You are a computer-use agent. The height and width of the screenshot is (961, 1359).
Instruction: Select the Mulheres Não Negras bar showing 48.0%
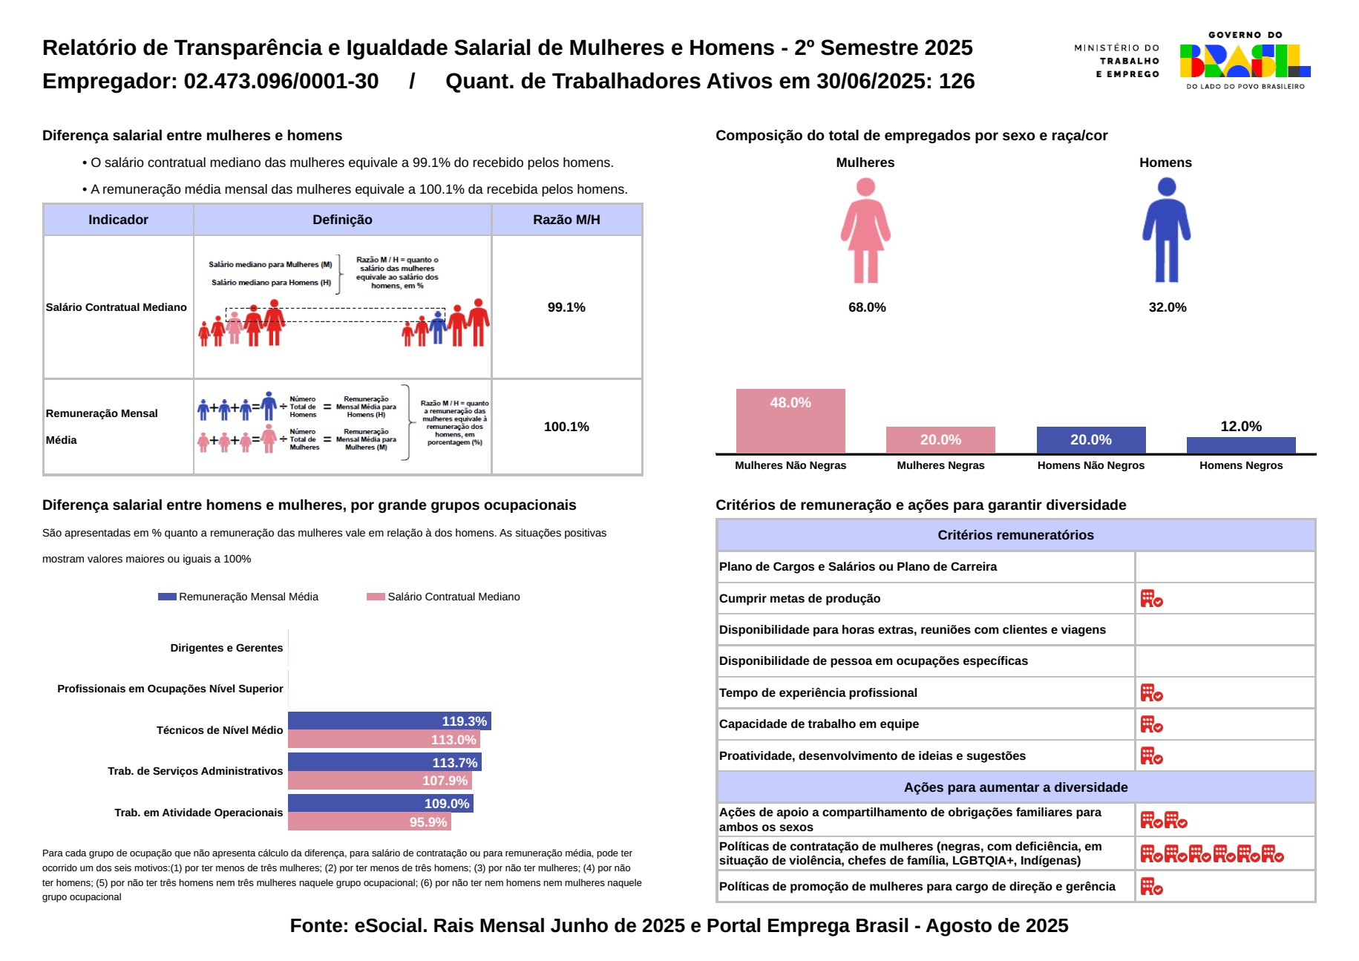790,421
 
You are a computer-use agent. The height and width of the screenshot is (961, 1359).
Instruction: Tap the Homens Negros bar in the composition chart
1241,445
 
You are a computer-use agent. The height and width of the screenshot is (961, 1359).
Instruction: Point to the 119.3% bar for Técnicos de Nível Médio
389,721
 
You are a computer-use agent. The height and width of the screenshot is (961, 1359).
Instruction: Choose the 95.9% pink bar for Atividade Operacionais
369,822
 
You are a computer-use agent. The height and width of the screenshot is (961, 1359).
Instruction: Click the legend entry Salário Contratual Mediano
453,597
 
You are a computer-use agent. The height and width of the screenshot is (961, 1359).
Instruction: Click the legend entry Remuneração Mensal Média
248,597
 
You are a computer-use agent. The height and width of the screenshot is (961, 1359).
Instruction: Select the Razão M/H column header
566,220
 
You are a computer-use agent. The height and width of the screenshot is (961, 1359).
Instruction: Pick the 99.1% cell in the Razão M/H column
566,307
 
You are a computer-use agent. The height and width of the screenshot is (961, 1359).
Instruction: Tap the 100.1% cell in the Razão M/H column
566,427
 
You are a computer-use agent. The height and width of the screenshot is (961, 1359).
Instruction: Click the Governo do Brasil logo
1245,61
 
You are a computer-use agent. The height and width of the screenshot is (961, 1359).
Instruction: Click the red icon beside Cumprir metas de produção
1151,598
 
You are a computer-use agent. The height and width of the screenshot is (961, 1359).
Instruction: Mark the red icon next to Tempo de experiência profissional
1151,692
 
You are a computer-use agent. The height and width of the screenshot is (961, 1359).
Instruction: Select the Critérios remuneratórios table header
1015,535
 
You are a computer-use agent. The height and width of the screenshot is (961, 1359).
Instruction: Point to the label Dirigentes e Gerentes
226,648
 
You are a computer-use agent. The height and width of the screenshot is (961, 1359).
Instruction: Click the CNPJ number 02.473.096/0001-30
281,81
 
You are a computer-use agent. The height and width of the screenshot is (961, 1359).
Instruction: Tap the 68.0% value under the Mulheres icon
867,307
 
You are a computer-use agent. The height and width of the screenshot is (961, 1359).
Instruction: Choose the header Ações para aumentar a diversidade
1015,787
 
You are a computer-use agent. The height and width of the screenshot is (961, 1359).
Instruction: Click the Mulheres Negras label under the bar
940,465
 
